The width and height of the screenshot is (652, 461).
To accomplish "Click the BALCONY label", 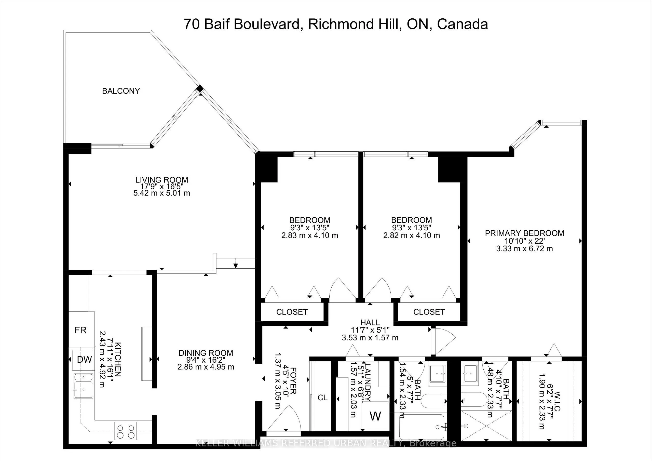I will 121,91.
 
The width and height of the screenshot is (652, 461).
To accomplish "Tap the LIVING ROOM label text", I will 161,180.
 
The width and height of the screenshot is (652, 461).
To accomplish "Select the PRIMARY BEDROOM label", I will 524,233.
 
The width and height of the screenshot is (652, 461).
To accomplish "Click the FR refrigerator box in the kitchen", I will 81,330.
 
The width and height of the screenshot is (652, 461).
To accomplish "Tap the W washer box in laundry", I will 375,416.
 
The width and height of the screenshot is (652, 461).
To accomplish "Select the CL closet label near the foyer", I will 322,397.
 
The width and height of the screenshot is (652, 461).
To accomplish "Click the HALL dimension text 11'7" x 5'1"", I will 370,330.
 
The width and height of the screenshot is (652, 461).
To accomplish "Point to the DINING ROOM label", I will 206,353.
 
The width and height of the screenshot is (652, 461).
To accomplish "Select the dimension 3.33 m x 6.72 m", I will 524,249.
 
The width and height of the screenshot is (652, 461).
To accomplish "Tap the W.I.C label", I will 557,401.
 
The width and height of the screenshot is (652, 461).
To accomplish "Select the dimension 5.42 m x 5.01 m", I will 161,193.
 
